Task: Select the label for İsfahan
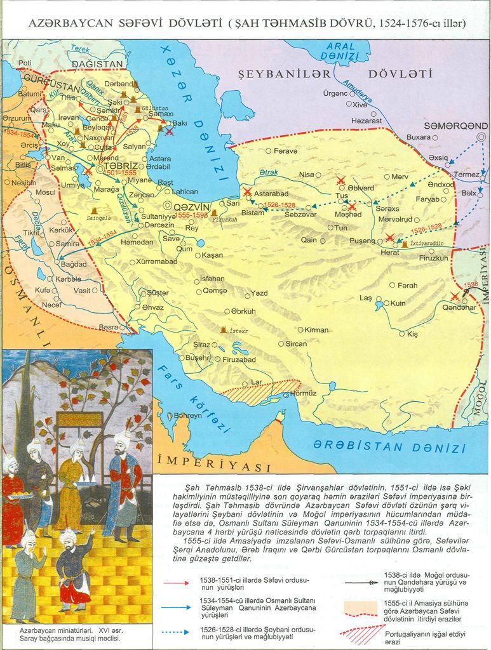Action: click(212, 278)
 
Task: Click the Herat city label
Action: click(390, 252)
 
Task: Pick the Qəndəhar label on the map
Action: click(459, 307)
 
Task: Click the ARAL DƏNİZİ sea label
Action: click(340, 51)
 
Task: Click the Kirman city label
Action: click(316, 329)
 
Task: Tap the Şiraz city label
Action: click(201, 344)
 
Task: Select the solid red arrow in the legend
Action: click(185, 582)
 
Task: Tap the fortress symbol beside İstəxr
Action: click(223, 331)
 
